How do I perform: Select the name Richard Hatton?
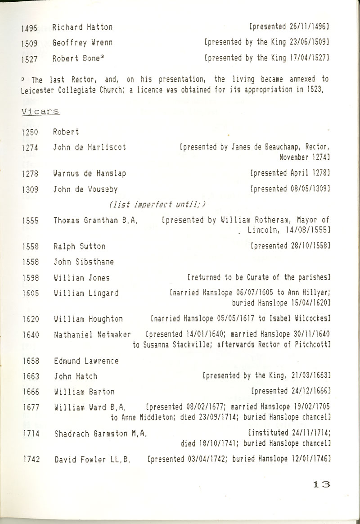pyautogui.click(x=82, y=27)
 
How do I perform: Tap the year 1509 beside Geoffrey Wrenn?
pyautogui.click(x=29, y=43)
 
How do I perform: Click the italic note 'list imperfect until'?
pyautogui.click(x=157, y=205)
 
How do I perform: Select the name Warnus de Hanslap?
pyautogui.click(x=89, y=173)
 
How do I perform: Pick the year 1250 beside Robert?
pyautogui.click(x=29, y=132)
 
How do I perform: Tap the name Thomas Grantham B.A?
pyautogui.click(x=95, y=221)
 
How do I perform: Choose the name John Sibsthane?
pyautogui.click(x=83, y=262)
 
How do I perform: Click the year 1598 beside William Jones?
pyautogui.click(x=29, y=278)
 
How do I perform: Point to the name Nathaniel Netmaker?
pyautogui.click(x=92, y=334)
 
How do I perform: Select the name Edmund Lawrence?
pyautogui.click(x=86, y=361)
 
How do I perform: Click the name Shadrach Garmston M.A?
pyautogui.click(x=100, y=434)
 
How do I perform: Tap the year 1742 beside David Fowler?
pyautogui.click(x=29, y=460)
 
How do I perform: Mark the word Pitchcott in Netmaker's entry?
pyautogui.click(x=312, y=345)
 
